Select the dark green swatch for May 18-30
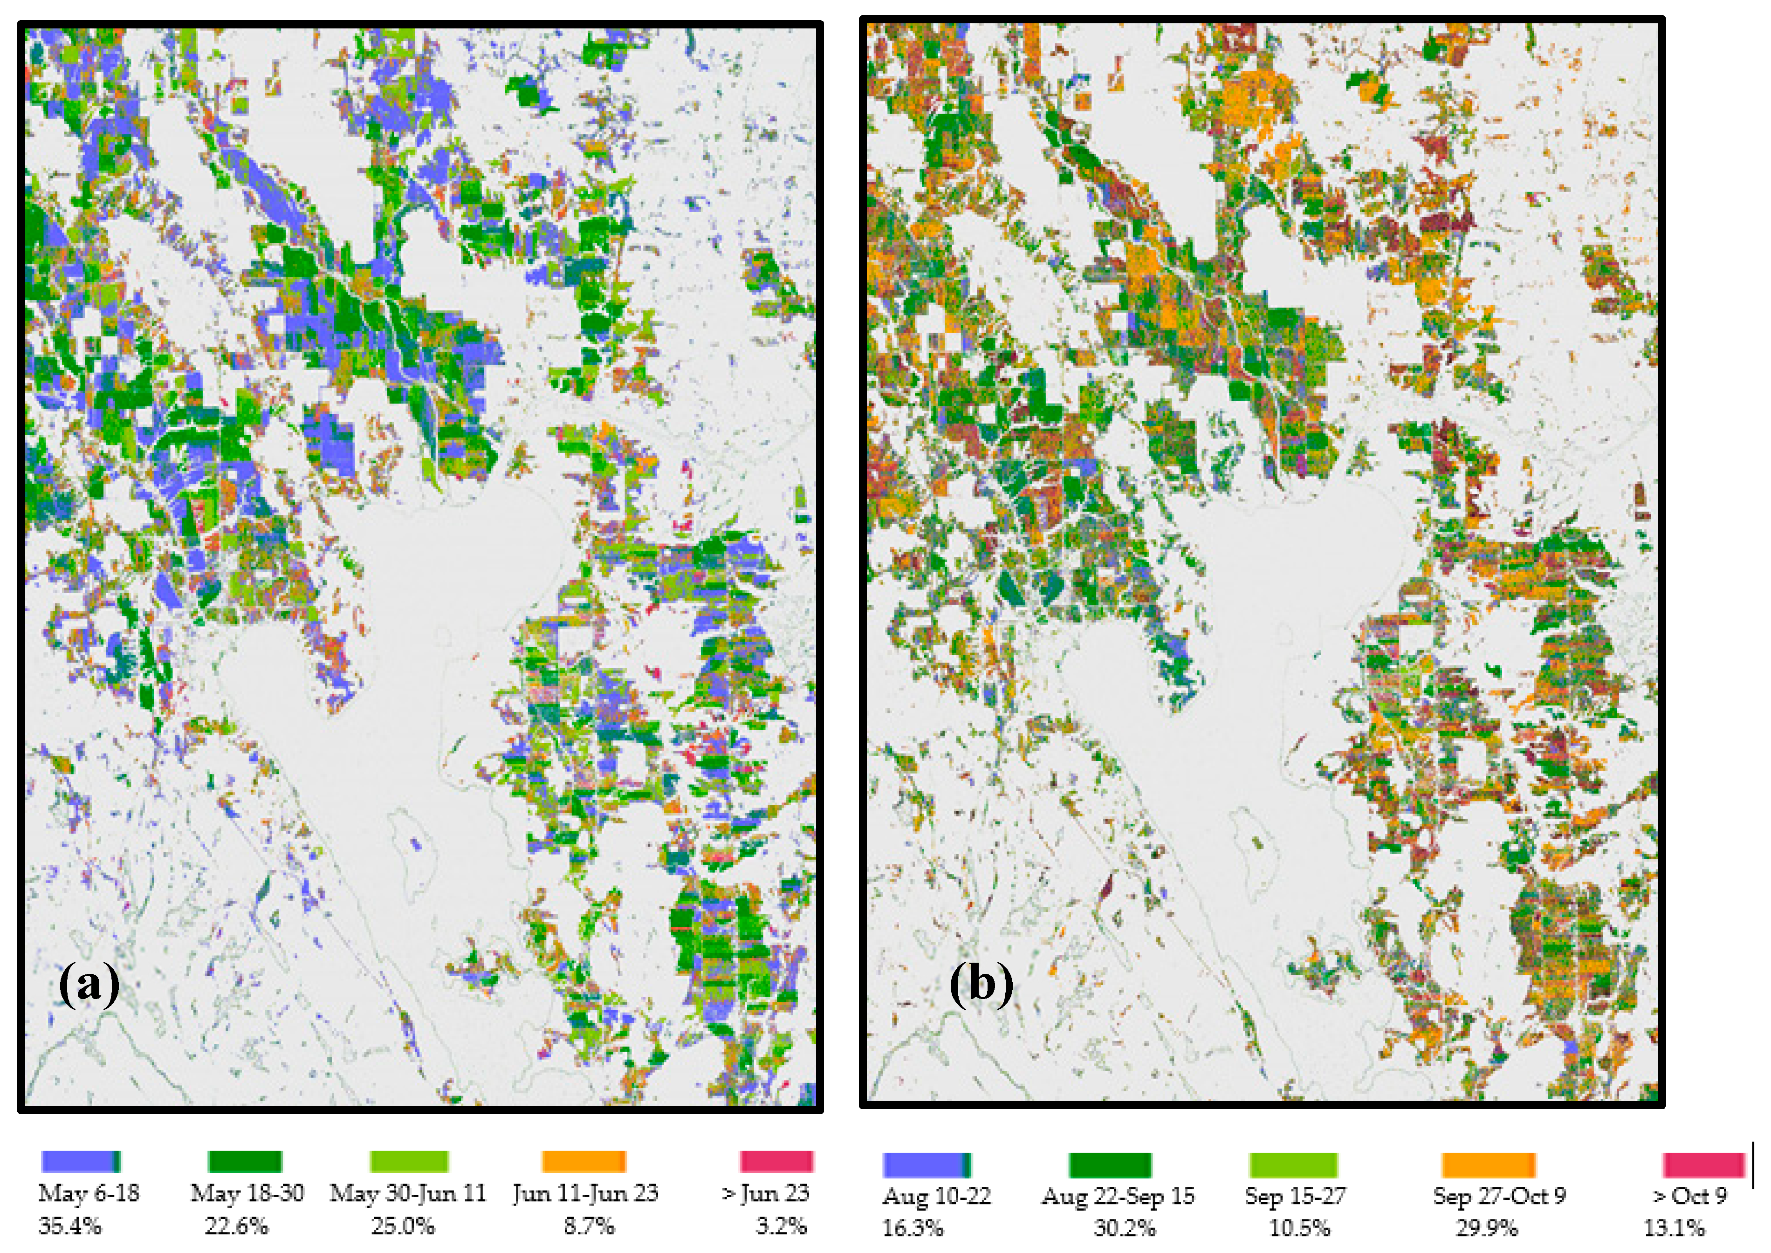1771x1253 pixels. (x=245, y=1160)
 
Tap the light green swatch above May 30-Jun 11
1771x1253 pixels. (x=409, y=1160)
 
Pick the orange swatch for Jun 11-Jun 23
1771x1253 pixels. (x=583, y=1160)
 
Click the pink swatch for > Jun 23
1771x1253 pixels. (x=776, y=1160)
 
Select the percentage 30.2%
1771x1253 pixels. (x=1124, y=1227)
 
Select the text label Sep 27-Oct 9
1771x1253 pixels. (x=1499, y=1196)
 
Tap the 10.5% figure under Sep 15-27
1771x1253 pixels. (x=1299, y=1227)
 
